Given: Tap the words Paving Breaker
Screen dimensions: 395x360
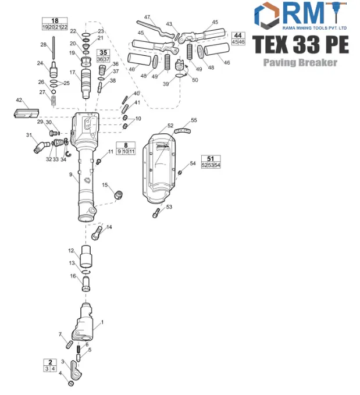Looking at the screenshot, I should click(300, 62).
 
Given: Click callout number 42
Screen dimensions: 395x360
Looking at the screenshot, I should click(19, 101).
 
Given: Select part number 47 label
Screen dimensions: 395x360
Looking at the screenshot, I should click(147, 17).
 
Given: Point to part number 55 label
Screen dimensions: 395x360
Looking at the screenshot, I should click(194, 120).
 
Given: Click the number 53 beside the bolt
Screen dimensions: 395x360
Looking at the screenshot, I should click(169, 207).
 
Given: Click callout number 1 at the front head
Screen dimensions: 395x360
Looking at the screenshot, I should click(102, 322).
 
